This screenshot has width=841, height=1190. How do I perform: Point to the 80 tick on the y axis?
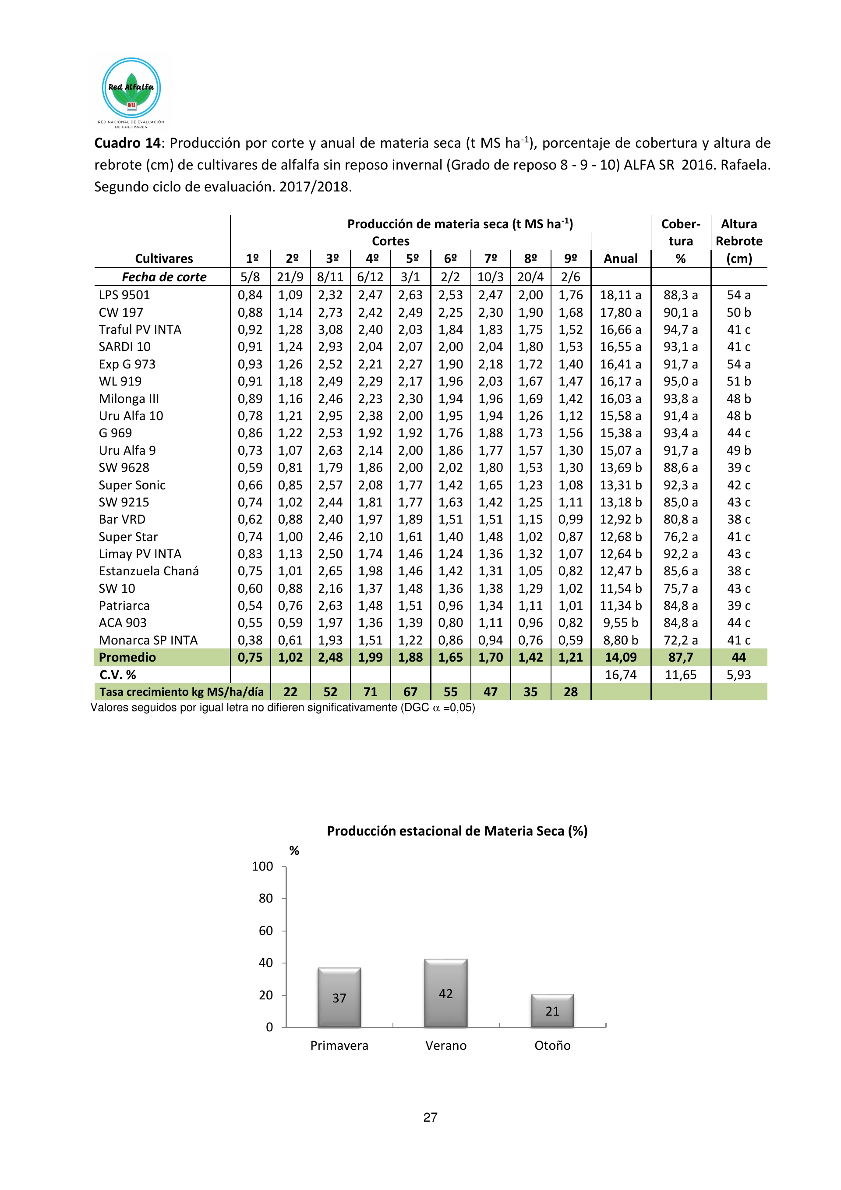coord(265,898)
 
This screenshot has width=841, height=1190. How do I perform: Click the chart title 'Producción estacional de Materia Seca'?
coord(456,831)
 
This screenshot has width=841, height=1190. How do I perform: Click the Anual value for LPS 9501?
coord(620,295)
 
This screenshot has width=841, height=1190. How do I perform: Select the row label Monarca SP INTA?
coord(148,640)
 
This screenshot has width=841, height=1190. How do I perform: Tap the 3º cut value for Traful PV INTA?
coord(330,329)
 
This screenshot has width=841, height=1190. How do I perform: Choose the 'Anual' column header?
coord(620,259)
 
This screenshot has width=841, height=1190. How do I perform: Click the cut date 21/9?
coord(290,277)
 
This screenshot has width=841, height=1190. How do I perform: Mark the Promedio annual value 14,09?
coord(620,657)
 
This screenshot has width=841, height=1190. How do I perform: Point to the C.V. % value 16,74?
coord(620,675)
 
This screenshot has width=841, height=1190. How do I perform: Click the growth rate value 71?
coord(370,692)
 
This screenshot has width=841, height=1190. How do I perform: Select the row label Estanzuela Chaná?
coord(149,571)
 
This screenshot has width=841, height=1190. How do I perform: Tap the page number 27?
coord(430,1117)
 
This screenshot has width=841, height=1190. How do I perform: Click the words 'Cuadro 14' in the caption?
coord(127,143)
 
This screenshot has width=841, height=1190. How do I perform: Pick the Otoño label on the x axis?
coord(552,1045)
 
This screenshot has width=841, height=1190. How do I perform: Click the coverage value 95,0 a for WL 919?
coord(680,382)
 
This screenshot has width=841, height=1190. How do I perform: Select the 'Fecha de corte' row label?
coord(164,277)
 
